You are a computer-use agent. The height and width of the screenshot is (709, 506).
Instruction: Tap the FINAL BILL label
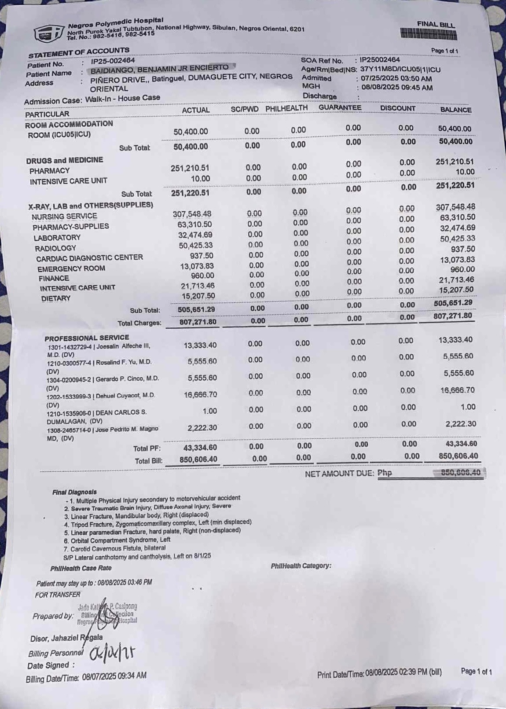coord(436,25)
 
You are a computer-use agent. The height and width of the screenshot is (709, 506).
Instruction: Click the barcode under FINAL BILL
coord(428,34)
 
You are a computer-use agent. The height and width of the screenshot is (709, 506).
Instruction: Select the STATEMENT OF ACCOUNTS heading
coord(79,53)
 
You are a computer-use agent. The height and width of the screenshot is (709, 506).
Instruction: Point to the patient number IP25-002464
coord(113,61)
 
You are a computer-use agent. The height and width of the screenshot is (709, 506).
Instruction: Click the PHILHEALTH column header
coord(286,108)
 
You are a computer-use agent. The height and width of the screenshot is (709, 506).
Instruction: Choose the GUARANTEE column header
coord(340,108)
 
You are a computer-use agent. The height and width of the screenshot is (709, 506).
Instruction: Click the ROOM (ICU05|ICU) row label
coord(59,135)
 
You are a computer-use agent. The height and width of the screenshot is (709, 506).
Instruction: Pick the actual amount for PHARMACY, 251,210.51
coord(190,168)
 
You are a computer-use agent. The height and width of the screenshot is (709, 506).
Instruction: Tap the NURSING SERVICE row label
coord(64,217)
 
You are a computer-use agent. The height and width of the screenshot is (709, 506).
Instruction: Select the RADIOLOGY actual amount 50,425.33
coord(195,245)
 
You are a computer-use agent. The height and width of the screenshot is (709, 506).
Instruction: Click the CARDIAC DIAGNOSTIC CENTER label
coord(89,258)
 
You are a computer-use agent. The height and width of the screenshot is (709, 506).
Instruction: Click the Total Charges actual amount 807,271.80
coord(198,322)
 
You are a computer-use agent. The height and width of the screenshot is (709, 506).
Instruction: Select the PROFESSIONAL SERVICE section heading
coord(87,338)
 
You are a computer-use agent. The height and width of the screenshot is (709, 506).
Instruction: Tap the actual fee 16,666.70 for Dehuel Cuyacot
coord(200,394)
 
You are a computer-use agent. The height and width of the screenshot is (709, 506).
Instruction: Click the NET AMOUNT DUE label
coord(339,474)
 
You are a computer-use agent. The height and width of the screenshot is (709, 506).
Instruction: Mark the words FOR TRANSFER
coord(58,595)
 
